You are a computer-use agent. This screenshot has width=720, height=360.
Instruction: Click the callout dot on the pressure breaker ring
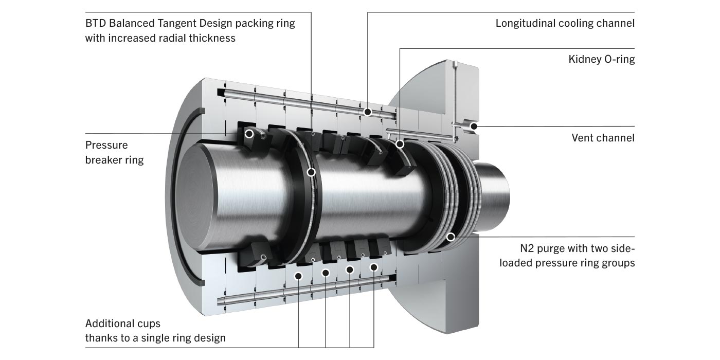coord(249,134)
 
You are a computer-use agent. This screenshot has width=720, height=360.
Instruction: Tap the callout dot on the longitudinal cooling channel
coord(368,112)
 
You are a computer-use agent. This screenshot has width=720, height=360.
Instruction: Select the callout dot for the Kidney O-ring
coord(400,145)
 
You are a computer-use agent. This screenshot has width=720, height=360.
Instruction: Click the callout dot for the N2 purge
coord(451,237)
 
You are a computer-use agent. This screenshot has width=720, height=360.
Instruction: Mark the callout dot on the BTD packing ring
coord(311,172)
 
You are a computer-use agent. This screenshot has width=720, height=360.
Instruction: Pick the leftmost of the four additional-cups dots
coord(298,276)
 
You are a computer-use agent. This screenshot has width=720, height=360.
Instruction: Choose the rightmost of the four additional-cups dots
coord(374,267)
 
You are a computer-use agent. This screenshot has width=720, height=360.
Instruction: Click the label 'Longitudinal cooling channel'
coord(565,23)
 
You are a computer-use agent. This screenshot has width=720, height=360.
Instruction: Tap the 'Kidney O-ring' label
coord(601,59)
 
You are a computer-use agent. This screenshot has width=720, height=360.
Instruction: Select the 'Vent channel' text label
coord(603,138)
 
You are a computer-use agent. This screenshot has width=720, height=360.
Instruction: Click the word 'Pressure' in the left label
coord(106,145)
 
